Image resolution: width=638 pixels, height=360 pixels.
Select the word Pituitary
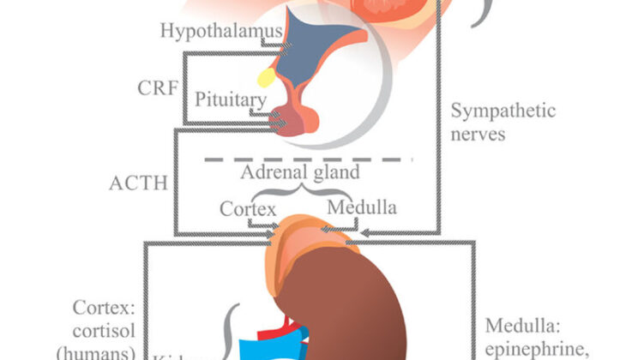click(x=232, y=99)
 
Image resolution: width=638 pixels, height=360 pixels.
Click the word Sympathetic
click(x=504, y=111)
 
